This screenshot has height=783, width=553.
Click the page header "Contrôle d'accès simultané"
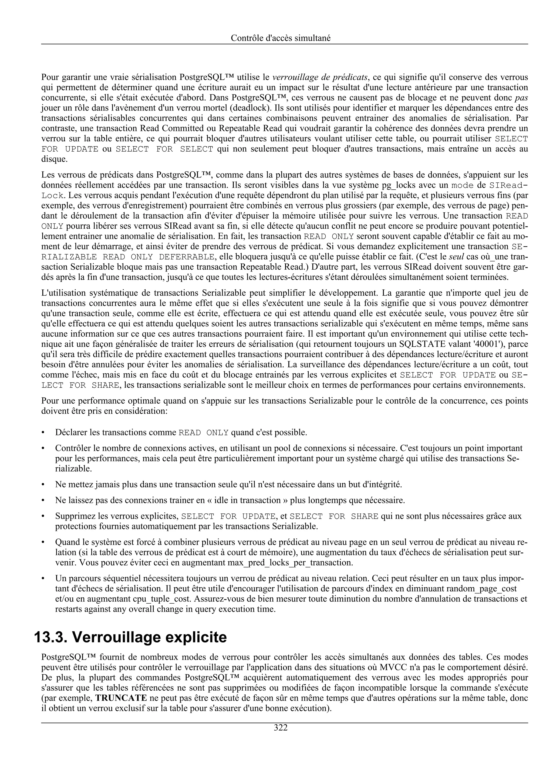[281, 38]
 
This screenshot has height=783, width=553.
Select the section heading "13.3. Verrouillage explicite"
[130, 637]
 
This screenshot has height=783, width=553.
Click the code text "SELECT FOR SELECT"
[164, 149]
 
